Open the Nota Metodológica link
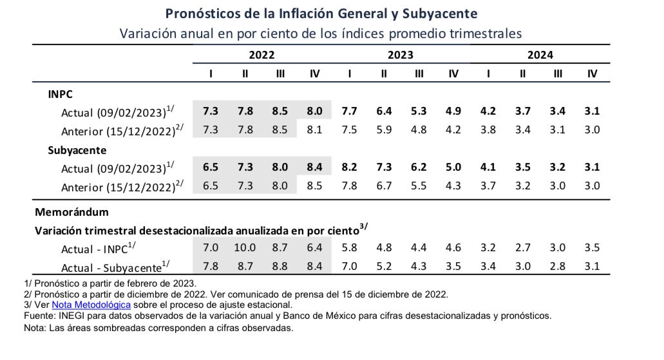91,305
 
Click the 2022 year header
261,55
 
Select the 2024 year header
540,55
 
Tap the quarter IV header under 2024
592,73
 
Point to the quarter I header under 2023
349,73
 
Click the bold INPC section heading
60,94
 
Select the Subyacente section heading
77,150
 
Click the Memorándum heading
71,212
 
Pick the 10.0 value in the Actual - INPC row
245,247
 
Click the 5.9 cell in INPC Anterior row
384,129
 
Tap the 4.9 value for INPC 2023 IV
453,111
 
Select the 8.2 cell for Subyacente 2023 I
349,167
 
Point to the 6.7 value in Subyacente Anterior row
384,185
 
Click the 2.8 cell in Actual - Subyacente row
557,266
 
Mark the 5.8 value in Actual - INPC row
349,247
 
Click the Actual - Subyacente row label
115,267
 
